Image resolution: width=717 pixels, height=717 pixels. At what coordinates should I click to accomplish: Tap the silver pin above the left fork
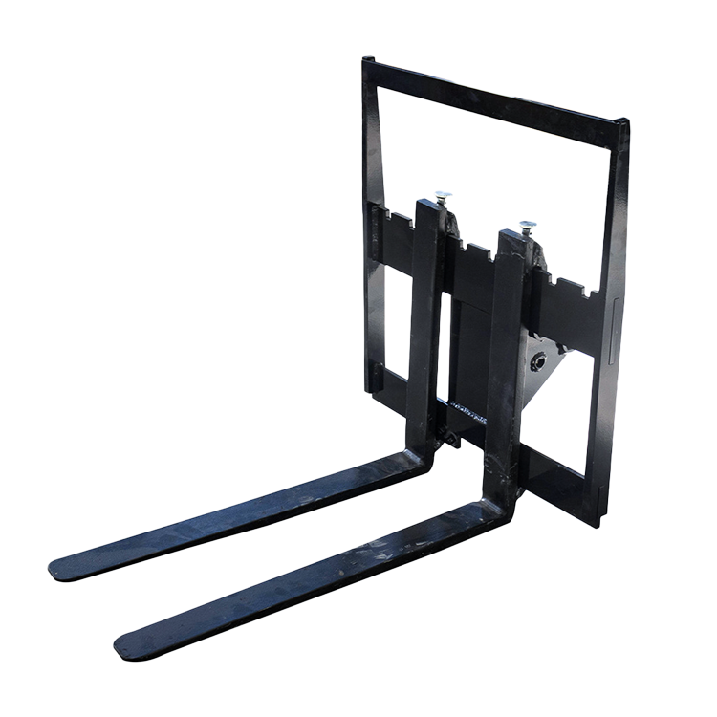(x=443, y=196)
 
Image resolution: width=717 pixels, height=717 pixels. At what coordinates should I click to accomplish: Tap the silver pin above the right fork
(x=527, y=227)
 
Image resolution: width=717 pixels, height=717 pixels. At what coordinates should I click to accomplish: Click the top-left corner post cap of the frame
(x=367, y=62)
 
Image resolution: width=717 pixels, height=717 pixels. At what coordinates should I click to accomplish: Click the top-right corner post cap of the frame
(x=623, y=122)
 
